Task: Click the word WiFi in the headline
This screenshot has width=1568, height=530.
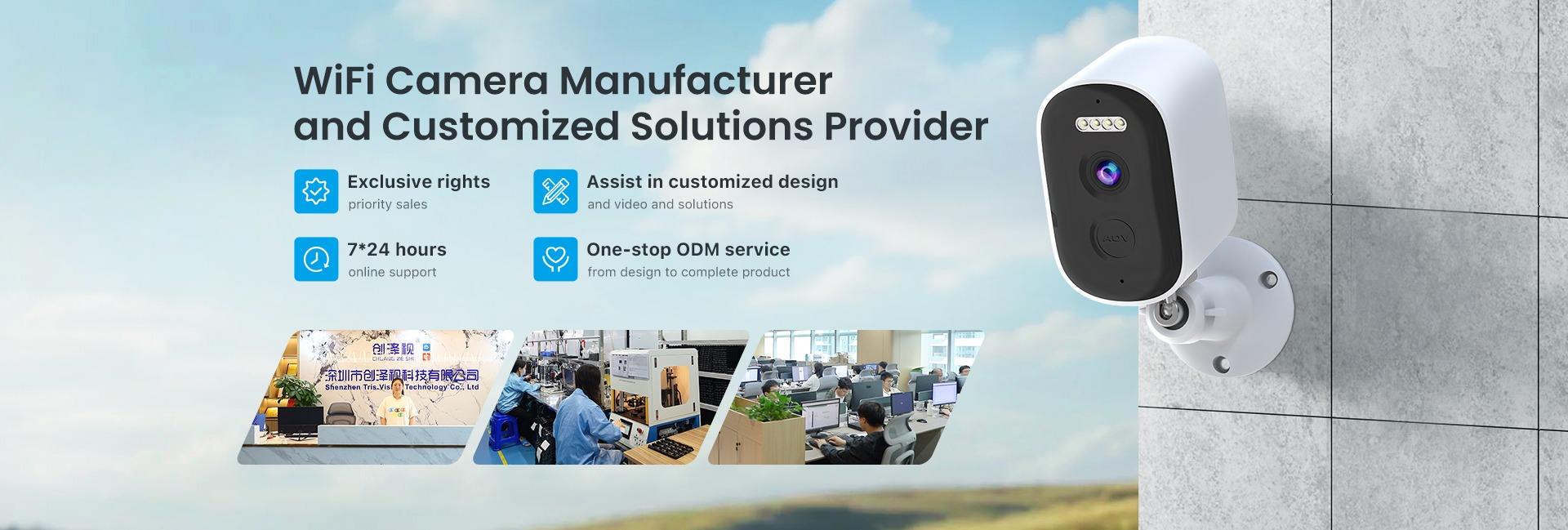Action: click(334, 81)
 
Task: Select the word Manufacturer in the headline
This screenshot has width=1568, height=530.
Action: click(695, 81)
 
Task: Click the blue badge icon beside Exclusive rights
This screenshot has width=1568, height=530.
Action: click(316, 191)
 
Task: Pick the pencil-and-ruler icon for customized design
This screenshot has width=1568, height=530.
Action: click(555, 191)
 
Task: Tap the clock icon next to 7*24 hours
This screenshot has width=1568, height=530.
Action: click(316, 259)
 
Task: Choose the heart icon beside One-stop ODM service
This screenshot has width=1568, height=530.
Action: click(555, 259)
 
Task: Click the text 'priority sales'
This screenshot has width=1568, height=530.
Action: click(387, 204)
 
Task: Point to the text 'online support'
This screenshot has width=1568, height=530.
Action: click(392, 272)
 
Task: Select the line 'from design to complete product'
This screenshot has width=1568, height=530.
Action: click(688, 272)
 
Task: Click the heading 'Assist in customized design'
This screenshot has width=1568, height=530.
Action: click(712, 181)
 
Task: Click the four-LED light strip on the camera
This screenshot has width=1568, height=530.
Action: click(1097, 125)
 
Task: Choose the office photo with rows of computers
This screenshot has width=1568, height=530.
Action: click(845, 397)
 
